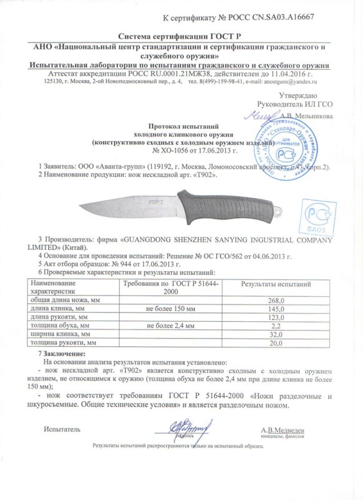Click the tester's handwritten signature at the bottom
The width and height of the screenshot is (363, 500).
187,428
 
